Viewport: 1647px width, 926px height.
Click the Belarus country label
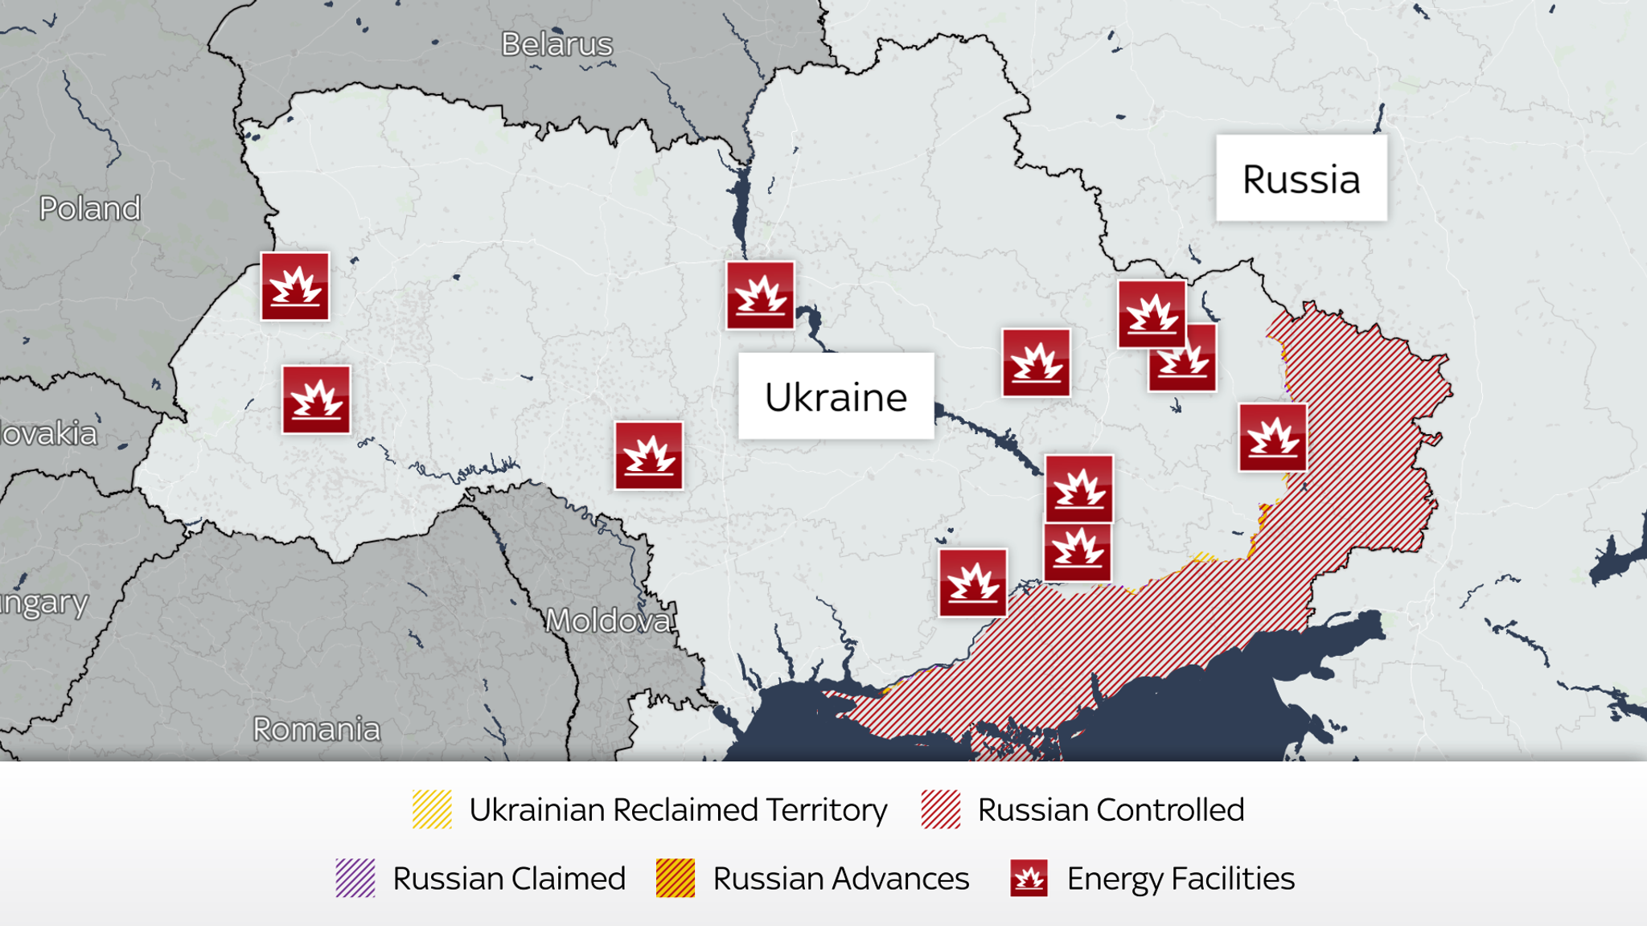click(557, 45)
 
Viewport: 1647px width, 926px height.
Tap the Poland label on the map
click(90, 209)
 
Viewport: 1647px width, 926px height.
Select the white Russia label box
click(1300, 178)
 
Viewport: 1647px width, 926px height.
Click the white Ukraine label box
click(836, 396)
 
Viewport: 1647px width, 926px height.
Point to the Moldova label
click(608, 621)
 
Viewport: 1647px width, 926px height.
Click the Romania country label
click(316, 730)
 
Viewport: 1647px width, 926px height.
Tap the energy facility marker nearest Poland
click(295, 287)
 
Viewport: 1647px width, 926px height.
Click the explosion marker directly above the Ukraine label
click(760, 295)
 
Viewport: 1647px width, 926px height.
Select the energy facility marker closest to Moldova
click(649, 456)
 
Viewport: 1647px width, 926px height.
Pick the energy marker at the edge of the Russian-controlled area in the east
click(1272, 437)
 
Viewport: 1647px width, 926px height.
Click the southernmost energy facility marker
click(972, 583)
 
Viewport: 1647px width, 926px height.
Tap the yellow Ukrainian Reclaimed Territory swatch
click(432, 809)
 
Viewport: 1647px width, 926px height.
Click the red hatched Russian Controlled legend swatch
click(940, 809)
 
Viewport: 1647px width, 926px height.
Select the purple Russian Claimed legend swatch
click(355, 878)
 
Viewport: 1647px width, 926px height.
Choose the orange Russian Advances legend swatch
click(675, 878)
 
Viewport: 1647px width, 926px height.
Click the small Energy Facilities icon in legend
click(1029, 878)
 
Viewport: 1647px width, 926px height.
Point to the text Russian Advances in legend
click(840, 879)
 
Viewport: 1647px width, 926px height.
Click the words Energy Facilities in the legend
click(1180, 879)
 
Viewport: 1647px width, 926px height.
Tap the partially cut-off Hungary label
click(43, 603)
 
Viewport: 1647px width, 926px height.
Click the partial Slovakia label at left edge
click(48, 434)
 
